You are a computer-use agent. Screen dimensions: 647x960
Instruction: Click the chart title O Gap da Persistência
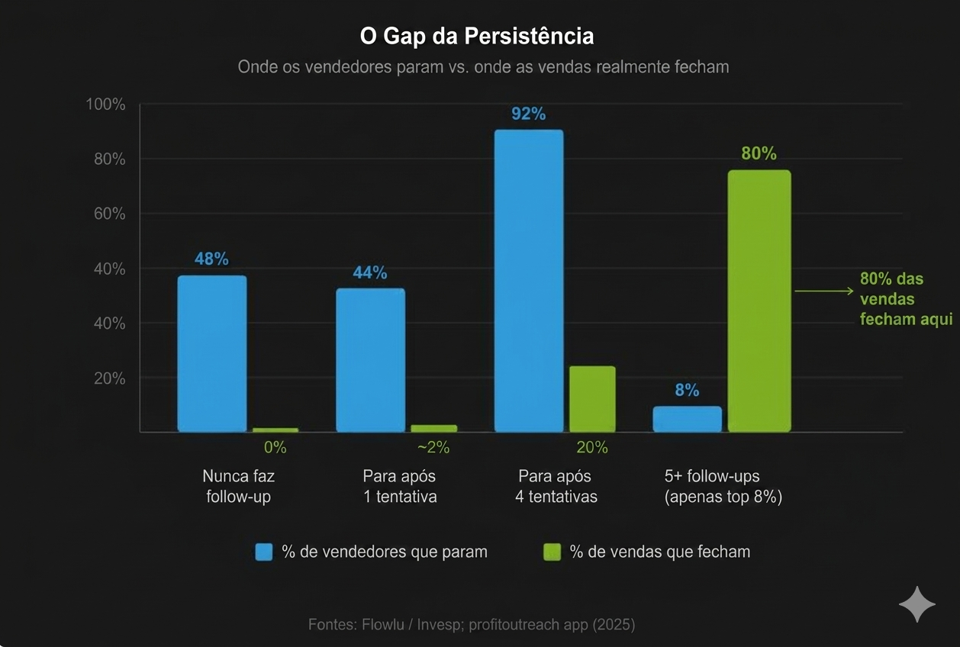tap(476, 36)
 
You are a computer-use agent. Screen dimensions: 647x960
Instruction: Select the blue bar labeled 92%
tap(529, 281)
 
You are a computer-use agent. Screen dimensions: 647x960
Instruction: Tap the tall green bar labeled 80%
tap(759, 301)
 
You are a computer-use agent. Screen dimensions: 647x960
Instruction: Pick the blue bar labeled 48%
tap(212, 353)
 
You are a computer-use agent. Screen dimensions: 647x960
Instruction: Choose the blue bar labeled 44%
tap(370, 359)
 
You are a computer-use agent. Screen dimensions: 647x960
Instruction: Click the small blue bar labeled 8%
tap(687, 419)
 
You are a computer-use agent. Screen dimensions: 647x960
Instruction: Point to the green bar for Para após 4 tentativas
tap(592, 399)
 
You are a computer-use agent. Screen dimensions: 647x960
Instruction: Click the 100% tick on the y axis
tap(105, 105)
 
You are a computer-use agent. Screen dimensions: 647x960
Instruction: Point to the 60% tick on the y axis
tap(109, 214)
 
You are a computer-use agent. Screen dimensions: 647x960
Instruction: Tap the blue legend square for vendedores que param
tap(264, 552)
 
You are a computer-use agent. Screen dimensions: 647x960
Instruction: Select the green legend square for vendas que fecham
tap(552, 552)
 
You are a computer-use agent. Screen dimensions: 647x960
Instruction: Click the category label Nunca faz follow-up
tap(238, 486)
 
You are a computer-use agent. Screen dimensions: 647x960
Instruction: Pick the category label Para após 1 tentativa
tap(399, 486)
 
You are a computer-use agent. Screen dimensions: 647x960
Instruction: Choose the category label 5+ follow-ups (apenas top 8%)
tap(723, 486)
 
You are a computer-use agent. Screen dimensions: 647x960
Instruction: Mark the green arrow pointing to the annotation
tap(823, 291)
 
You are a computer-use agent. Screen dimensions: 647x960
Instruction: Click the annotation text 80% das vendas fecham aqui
tap(905, 299)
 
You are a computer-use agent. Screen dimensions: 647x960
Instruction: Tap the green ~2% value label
tap(433, 448)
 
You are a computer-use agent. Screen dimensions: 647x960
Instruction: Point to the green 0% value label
tap(275, 448)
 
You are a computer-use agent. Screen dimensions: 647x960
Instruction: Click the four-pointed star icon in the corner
tap(917, 605)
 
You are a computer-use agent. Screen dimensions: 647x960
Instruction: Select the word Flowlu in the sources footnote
tap(379, 624)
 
